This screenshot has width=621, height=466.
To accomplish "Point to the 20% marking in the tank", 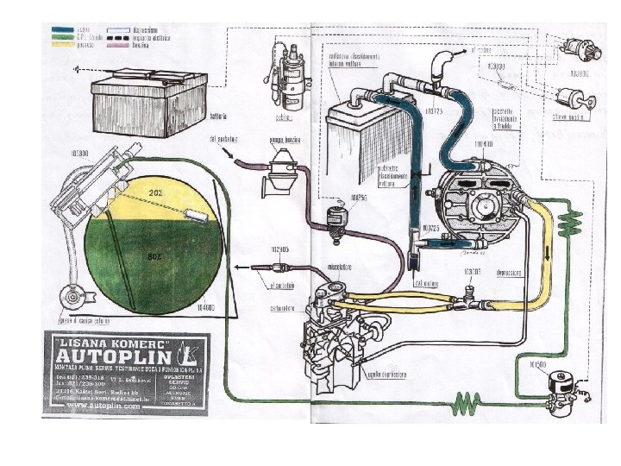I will tap(156, 192).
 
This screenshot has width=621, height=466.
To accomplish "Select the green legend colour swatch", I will tap(63, 38).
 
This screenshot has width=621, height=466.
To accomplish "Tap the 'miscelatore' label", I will tap(336, 267).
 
